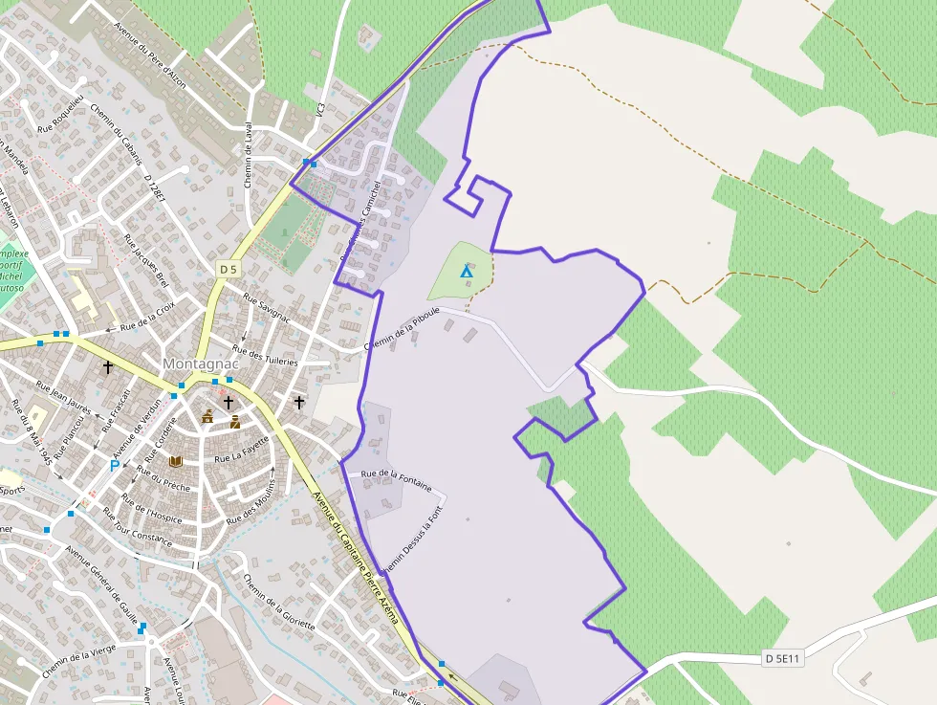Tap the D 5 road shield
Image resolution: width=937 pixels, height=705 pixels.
pyautogui.click(x=228, y=270)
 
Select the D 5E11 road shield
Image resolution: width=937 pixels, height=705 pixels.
pyautogui.click(x=783, y=658)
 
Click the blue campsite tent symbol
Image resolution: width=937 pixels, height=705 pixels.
pyautogui.click(x=467, y=272)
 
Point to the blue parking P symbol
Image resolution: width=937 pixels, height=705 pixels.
pyautogui.click(x=115, y=466)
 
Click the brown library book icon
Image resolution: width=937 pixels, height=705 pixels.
pyautogui.click(x=175, y=461)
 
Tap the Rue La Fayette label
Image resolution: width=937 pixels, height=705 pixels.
pyautogui.click(x=241, y=449)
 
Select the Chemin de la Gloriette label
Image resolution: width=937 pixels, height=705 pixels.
pyautogui.click(x=278, y=602)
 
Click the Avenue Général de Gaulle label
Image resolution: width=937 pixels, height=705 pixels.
pyautogui.click(x=102, y=582)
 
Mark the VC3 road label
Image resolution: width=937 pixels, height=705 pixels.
pyautogui.click(x=320, y=111)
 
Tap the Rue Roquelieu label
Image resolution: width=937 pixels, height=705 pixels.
pyautogui.click(x=60, y=114)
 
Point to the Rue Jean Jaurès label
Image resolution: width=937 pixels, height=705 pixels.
pyautogui.click(x=63, y=399)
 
